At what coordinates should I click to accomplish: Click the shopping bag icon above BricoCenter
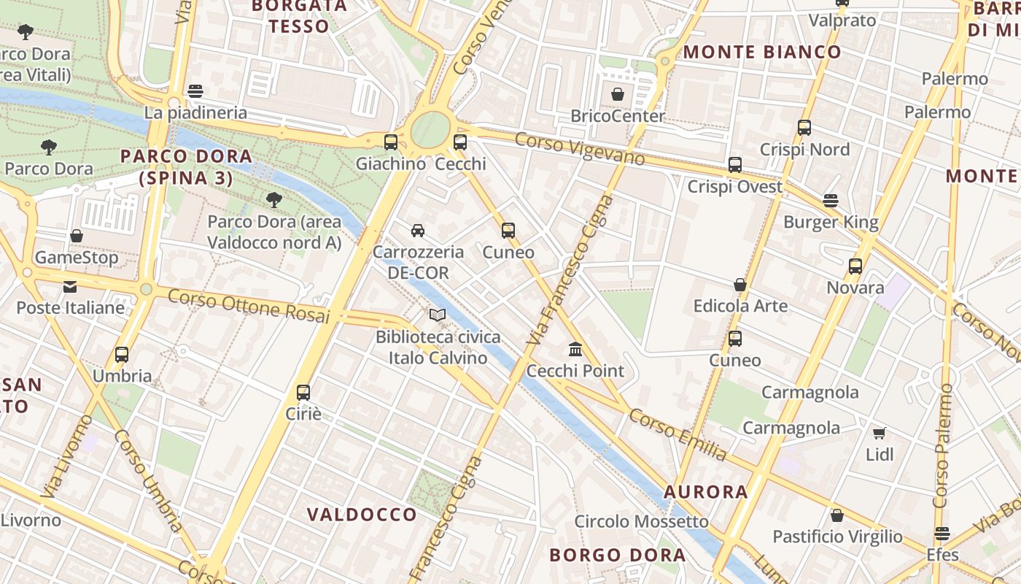pyautogui.click(x=618, y=94)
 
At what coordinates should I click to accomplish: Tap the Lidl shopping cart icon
pyautogui.click(x=880, y=433)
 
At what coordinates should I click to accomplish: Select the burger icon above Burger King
pyautogui.click(x=830, y=200)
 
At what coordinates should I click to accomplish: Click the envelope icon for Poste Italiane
pyautogui.click(x=70, y=286)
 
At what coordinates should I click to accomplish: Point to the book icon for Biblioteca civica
pyautogui.click(x=438, y=315)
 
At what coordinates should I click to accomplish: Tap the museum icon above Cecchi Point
pyautogui.click(x=575, y=349)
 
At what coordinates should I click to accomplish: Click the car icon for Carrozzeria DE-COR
pyautogui.click(x=418, y=231)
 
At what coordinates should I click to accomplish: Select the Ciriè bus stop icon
pyautogui.click(x=303, y=392)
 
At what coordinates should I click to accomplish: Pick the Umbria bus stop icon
pyautogui.click(x=122, y=355)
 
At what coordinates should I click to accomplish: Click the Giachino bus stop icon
pyautogui.click(x=391, y=142)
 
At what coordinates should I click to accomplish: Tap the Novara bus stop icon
pyautogui.click(x=855, y=266)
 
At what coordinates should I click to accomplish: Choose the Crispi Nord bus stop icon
pyautogui.click(x=804, y=128)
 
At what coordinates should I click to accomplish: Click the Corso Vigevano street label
pyautogui.click(x=580, y=149)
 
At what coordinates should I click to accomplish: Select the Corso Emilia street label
pyautogui.click(x=678, y=434)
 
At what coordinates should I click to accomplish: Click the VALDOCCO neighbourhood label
pyautogui.click(x=362, y=515)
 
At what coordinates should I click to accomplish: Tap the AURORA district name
pyautogui.click(x=706, y=492)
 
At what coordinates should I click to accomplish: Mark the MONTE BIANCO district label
pyautogui.click(x=762, y=52)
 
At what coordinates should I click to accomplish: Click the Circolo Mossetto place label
pyautogui.click(x=641, y=521)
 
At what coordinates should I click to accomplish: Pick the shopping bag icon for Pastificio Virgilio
pyautogui.click(x=837, y=515)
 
